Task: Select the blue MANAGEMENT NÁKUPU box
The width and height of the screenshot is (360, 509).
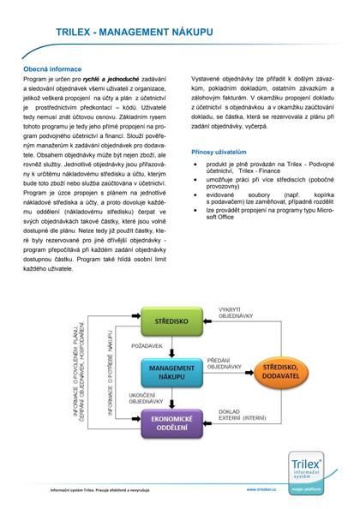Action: [171, 371]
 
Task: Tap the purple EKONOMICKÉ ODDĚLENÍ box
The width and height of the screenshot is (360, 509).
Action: [171, 422]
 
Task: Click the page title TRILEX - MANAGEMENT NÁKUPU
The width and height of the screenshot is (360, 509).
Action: [179, 32]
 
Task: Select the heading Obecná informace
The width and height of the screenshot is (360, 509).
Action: [52, 69]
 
